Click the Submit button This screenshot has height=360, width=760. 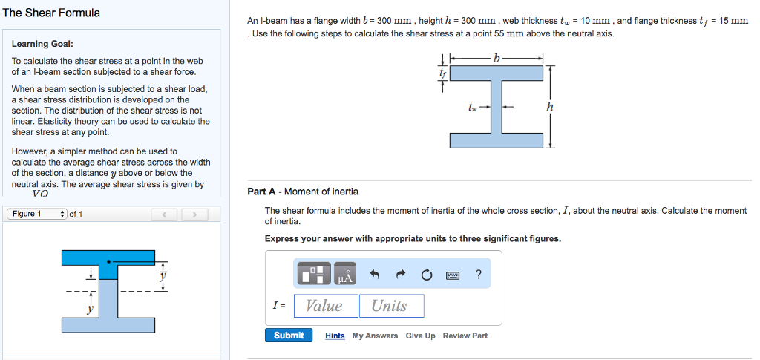click(288, 336)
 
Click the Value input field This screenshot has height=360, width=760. click(325, 306)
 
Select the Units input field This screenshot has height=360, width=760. click(391, 306)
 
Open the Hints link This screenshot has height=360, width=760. click(335, 336)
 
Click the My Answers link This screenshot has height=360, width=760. click(375, 336)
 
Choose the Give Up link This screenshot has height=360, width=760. click(420, 336)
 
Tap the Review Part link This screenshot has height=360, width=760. click(465, 336)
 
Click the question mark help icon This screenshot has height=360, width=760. click(479, 275)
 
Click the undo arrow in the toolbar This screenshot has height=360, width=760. click(375, 275)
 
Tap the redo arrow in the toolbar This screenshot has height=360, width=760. click(401, 275)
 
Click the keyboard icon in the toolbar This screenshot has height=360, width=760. click(452, 275)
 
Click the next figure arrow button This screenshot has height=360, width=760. click(194, 215)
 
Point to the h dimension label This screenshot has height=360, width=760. click(549, 107)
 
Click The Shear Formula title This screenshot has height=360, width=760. click(51, 13)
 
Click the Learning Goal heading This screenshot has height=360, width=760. click(42, 45)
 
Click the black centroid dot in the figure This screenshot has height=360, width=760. click(109, 261)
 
